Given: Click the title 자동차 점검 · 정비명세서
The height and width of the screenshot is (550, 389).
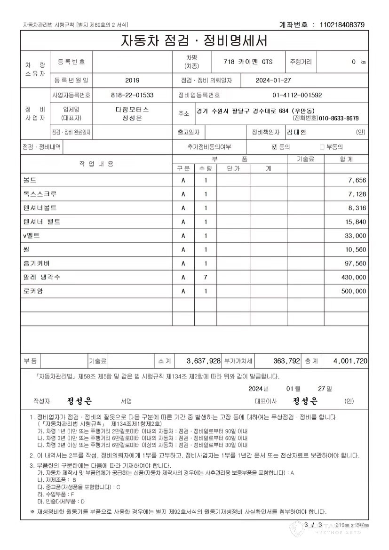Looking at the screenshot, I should tap(194, 41).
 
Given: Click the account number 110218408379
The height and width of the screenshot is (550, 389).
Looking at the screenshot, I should tap(342, 24).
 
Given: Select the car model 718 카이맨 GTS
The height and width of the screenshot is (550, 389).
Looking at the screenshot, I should tap(249, 62).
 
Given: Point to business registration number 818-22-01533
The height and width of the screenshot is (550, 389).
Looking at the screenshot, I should tap(133, 95).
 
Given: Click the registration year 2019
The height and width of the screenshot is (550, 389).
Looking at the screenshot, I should tap(133, 80).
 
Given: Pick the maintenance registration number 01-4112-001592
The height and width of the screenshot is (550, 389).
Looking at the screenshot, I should tap(297, 95).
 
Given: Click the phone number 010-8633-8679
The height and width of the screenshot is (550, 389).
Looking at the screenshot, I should tap(339, 118).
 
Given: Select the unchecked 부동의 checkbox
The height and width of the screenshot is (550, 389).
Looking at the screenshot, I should tap(322, 147).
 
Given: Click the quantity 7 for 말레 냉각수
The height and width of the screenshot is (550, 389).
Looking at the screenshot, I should tap(205, 278).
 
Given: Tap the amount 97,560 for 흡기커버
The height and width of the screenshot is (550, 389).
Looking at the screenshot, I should tap(354, 263).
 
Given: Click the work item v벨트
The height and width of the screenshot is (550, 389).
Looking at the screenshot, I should tap(32, 235).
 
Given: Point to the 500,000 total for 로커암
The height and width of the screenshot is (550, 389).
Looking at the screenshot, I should tap(354, 292).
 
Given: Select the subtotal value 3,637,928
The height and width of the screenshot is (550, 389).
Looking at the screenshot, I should tap(204, 361).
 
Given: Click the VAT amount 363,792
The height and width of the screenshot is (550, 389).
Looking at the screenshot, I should tap(286, 361).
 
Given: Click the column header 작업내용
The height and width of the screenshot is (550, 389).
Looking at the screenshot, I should tap(96, 164).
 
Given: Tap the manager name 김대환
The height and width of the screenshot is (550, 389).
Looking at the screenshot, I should tap(297, 133).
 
